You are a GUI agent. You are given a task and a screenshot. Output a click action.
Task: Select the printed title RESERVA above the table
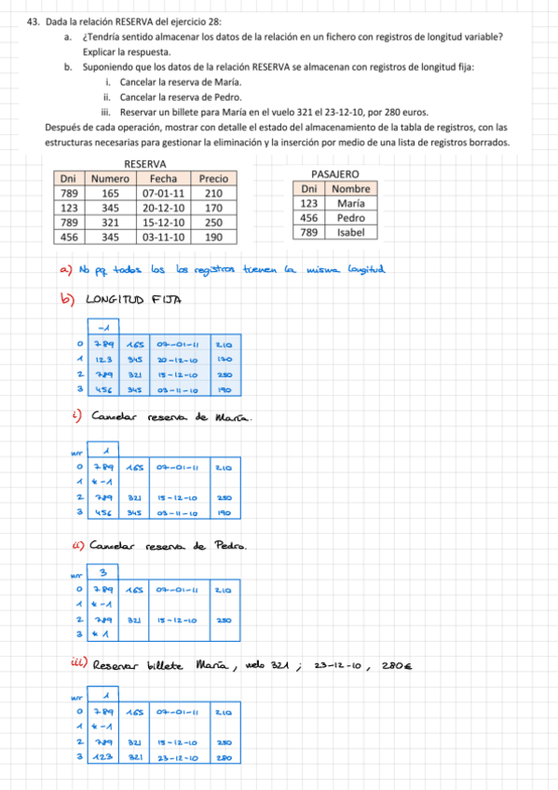click(145, 164)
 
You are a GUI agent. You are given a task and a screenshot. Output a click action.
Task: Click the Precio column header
click(213, 178)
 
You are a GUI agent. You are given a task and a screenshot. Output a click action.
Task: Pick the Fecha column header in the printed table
click(163, 178)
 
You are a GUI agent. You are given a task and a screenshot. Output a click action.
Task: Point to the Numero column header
click(110, 178)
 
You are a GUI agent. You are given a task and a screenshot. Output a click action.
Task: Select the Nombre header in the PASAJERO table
click(350, 188)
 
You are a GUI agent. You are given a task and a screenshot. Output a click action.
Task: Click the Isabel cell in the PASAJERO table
click(350, 232)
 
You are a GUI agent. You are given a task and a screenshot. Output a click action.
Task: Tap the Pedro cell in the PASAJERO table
click(350, 217)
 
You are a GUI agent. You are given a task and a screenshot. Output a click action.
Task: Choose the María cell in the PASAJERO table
click(350, 203)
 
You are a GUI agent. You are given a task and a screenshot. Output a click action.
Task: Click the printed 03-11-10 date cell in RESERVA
click(163, 238)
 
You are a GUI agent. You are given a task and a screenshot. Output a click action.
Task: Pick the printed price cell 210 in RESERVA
click(213, 193)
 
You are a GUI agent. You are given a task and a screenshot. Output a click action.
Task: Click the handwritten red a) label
click(65, 270)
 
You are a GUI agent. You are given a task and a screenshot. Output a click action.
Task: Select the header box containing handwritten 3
click(103, 571)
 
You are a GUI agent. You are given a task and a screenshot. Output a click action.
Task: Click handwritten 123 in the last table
click(102, 757)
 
